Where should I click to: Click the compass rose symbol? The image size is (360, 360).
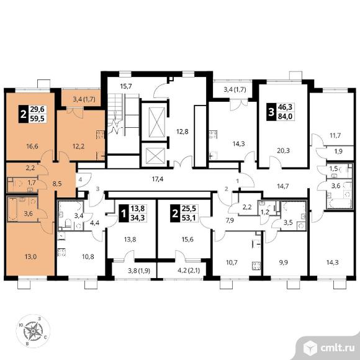[x=33, y=331]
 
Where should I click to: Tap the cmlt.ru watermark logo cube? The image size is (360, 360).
[x=311, y=348]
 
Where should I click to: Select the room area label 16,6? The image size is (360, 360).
[x=32, y=146]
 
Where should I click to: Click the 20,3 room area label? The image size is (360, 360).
[x=283, y=151]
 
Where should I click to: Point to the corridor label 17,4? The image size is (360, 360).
[x=158, y=179]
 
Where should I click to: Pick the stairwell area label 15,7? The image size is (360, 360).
[x=126, y=86]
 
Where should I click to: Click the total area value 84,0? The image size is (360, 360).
[x=285, y=117]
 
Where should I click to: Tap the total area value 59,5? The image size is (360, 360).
[x=37, y=119]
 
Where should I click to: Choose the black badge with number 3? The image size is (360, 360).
[x=271, y=112]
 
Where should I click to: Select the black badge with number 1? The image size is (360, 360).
[x=124, y=214]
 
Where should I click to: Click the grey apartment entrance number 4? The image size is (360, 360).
[x=80, y=179]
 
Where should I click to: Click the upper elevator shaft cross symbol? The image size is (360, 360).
[x=157, y=122]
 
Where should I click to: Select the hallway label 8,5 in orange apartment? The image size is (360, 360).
[x=57, y=184]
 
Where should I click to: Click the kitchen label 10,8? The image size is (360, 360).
[x=88, y=256]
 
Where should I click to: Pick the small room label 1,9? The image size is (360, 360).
[x=338, y=151]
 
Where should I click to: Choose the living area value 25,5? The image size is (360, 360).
[x=189, y=209]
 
